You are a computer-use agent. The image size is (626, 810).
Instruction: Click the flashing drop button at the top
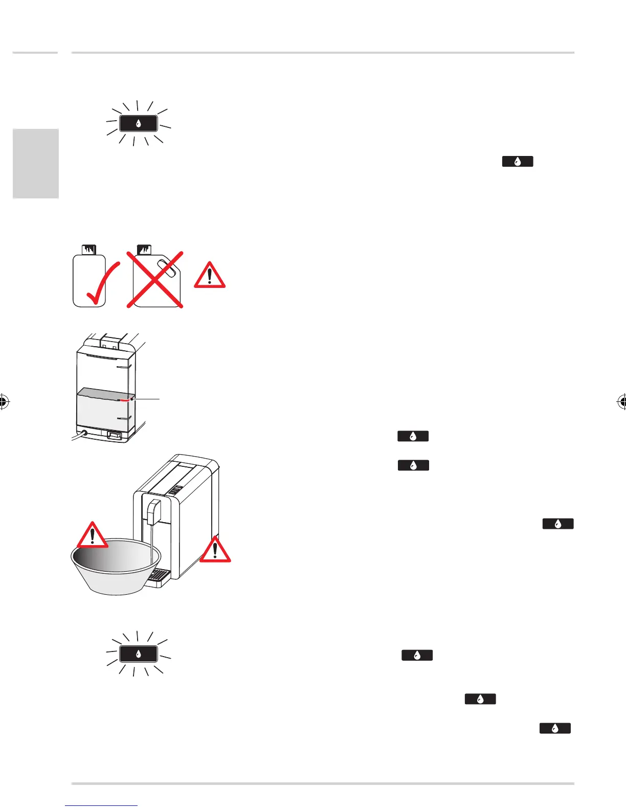point(138,124)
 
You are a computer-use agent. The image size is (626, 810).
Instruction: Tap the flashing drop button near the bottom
point(138,654)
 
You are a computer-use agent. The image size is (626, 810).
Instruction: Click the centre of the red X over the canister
point(155,280)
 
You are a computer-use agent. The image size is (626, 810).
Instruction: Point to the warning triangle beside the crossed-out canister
point(210,276)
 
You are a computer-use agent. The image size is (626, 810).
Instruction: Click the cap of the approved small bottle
point(89,250)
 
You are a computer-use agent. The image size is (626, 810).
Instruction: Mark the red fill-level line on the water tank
point(126,400)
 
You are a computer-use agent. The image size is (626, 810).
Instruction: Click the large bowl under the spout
point(116,565)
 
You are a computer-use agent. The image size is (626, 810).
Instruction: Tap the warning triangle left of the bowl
point(92,536)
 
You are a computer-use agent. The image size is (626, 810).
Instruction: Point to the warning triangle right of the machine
point(215,550)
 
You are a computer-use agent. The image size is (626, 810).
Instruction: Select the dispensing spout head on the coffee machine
point(153,511)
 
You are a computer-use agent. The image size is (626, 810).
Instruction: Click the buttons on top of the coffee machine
point(175,491)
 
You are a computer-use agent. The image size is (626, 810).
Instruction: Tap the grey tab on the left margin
point(36,164)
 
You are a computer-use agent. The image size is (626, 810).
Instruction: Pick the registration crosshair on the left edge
point(3,402)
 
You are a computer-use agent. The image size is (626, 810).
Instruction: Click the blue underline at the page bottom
point(101,806)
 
